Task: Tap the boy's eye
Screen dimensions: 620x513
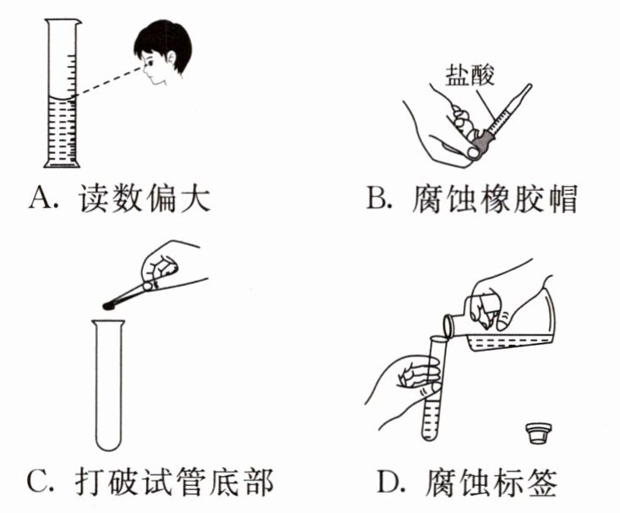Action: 150,62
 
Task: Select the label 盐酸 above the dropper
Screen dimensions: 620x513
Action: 470,74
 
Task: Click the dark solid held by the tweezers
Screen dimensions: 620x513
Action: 109,305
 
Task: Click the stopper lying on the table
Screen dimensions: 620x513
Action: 539,433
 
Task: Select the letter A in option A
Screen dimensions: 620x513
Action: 41,197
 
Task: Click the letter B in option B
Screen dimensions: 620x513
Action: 378,198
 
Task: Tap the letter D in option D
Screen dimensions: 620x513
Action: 389,481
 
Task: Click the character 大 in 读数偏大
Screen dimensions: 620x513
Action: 195,197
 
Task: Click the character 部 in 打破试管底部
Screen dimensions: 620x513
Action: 259,481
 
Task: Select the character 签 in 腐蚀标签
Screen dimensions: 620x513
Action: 542,482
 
